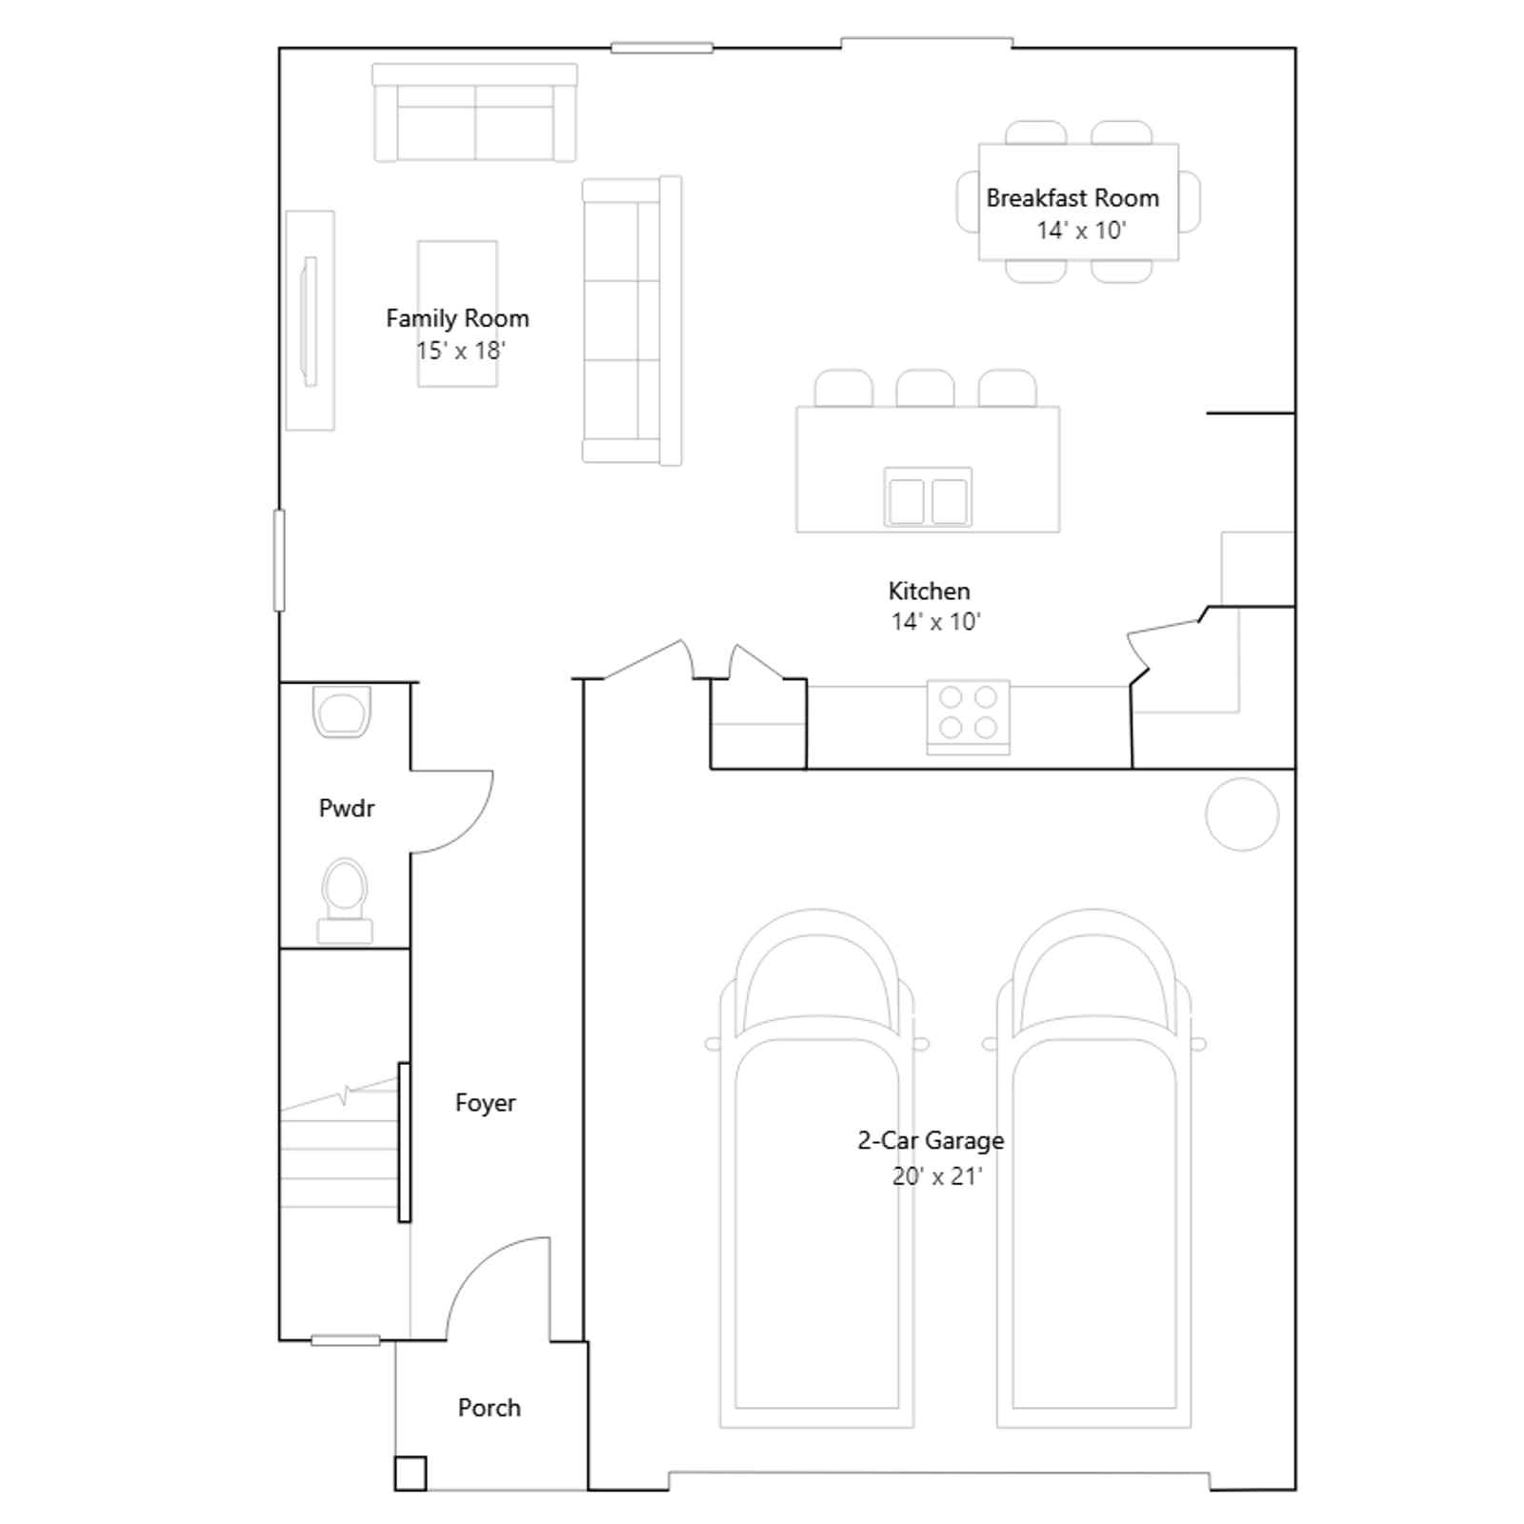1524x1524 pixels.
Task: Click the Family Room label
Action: [x=457, y=318]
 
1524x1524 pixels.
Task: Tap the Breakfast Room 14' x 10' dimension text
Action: [x=1081, y=231]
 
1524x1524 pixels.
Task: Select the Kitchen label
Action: [x=929, y=591]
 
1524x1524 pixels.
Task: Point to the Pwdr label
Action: [x=347, y=809]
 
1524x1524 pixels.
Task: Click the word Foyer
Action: [x=485, y=1103]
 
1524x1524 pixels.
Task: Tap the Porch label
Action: [x=490, y=1408]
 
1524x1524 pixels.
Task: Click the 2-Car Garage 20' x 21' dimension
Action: [x=936, y=1177]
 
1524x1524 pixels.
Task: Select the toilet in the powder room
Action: [x=345, y=901]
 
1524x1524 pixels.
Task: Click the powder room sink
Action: [x=342, y=712]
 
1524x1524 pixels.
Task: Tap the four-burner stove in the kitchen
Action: [x=968, y=717]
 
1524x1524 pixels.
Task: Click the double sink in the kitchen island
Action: [x=928, y=497]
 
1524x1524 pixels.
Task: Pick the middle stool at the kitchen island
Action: [x=925, y=389]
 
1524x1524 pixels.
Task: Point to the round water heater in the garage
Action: [x=1242, y=814]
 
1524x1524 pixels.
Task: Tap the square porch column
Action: [x=411, y=1474]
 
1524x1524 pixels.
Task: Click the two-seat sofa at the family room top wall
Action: [x=474, y=112]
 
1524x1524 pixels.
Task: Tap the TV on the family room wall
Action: [x=309, y=321]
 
